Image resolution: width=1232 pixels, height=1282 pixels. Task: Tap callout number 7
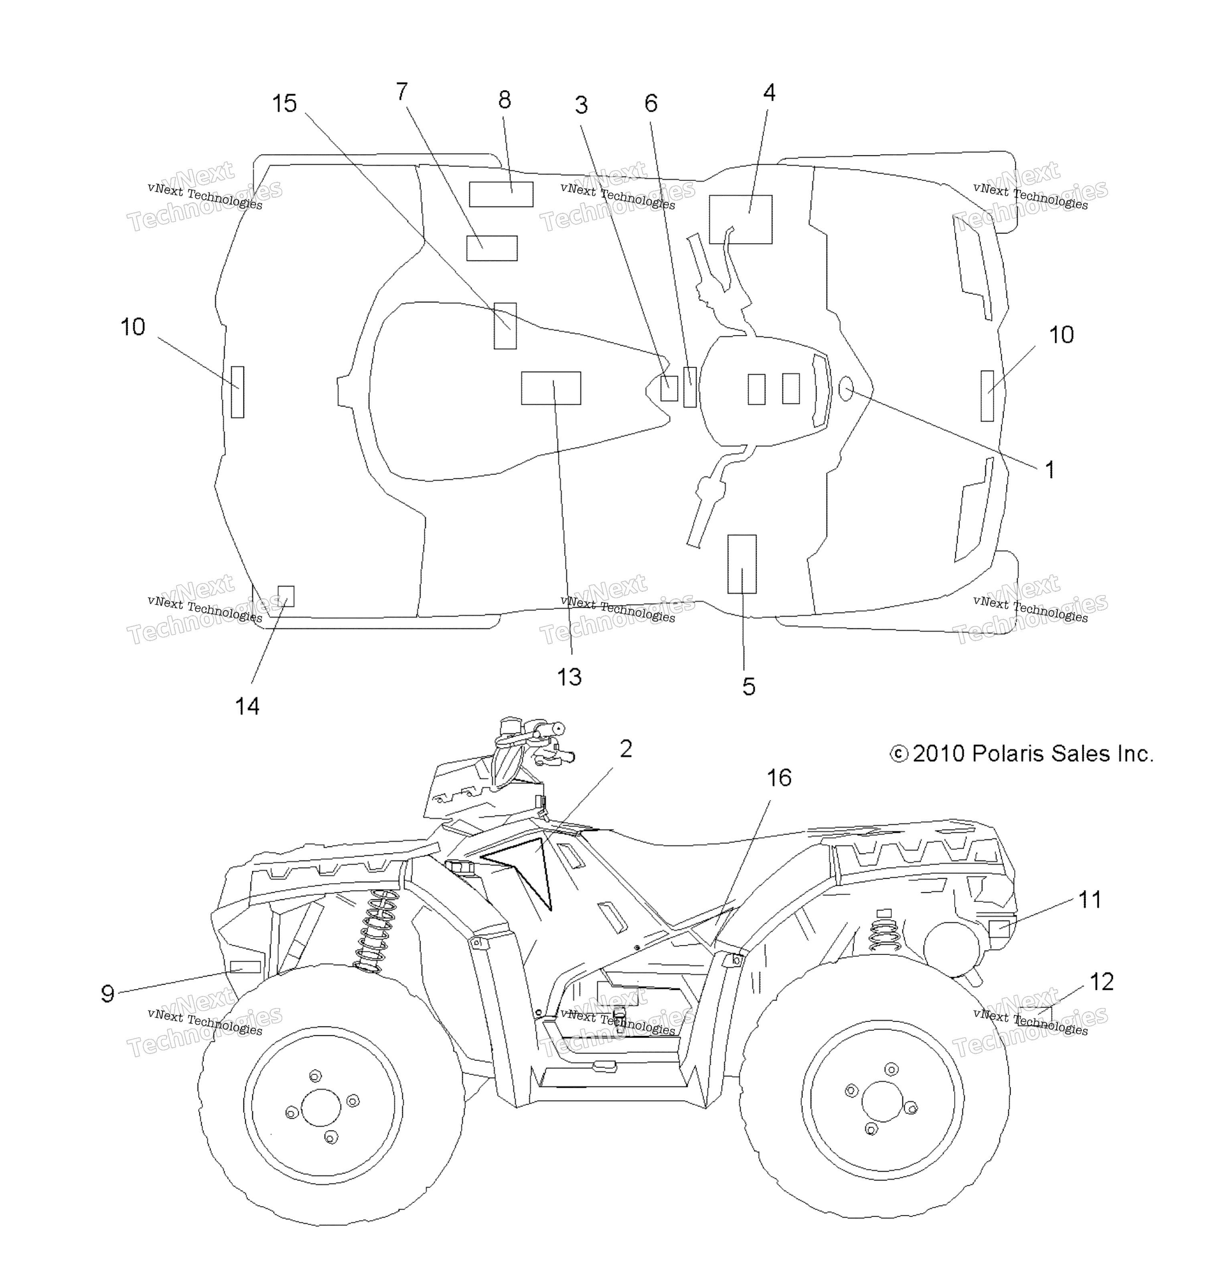(401, 91)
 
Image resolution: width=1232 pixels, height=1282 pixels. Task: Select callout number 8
(505, 100)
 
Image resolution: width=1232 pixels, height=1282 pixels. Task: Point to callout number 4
(769, 92)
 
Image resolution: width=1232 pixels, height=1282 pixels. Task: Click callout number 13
(569, 677)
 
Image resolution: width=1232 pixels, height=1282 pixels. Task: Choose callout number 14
(247, 706)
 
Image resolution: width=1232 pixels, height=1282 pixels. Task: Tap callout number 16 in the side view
(778, 778)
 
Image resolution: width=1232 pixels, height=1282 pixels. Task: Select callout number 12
(1101, 981)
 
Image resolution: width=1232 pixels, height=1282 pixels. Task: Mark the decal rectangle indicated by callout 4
(740, 219)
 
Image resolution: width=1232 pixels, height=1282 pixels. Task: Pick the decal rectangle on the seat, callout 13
(551, 388)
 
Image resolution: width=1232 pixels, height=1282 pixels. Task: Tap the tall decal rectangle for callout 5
(742, 564)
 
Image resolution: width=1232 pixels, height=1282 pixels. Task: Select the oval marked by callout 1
(846, 389)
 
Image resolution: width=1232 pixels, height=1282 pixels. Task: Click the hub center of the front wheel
(322, 1108)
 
